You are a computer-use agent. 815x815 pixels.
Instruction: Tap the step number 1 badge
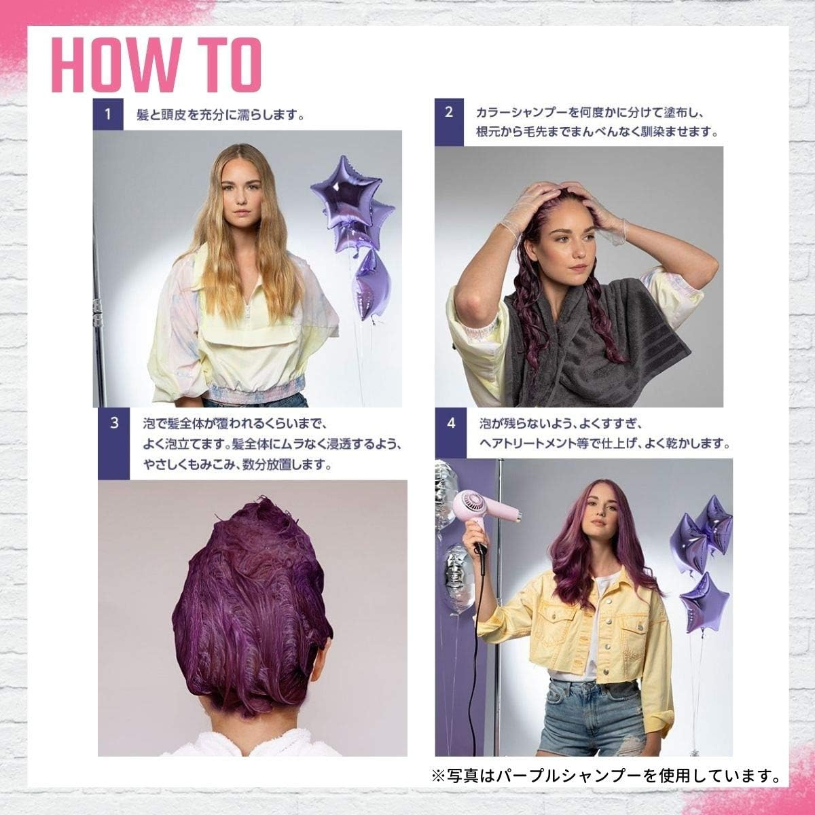(x=107, y=113)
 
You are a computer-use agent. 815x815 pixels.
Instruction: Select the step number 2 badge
(x=449, y=112)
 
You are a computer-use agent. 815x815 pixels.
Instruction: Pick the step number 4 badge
(x=451, y=423)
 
